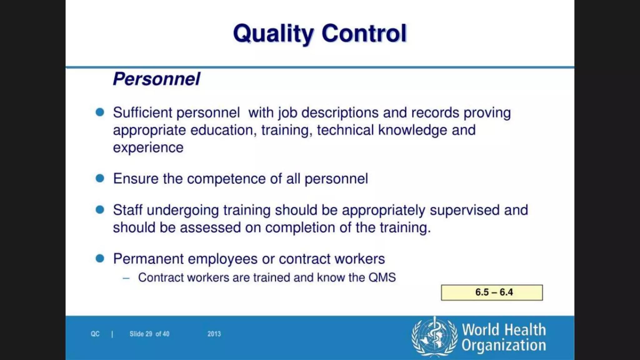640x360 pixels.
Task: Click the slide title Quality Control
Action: pyautogui.click(x=320, y=33)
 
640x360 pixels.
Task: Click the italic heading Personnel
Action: pyautogui.click(x=156, y=79)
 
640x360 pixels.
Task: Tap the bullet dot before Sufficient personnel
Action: pyautogui.click(x=100, y=112)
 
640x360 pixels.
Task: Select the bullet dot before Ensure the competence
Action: pyautogui.click(x=100, y=178)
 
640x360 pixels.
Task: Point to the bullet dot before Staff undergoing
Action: pyautogui.click(x=100, y=210)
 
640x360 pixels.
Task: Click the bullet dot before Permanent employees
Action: pyautogui.click(x=100, y=258)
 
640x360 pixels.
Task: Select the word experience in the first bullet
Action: pyautogui.click(x=148, y=147)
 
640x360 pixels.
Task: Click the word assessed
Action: pyautogui.click(x=210, y=227)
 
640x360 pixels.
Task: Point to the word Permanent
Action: pyautogui.click(x=148, y=259)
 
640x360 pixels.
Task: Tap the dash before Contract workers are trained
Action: pyautogui.click(x=126, y=278)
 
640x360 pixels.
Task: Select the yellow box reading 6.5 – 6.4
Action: pyautogui.click(x=492, y=292)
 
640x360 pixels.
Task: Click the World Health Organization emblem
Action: pyautogui.click(x=434, y=337)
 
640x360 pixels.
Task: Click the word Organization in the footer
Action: pyautogui.click(x=504, y=345)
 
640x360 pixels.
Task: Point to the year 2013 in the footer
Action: pyautogui.click(x=214, y=334)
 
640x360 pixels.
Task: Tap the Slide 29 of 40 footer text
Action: pyautogui.click(x=149, y=334)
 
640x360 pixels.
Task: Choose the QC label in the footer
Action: pyautogui.click(x=95, y=334)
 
